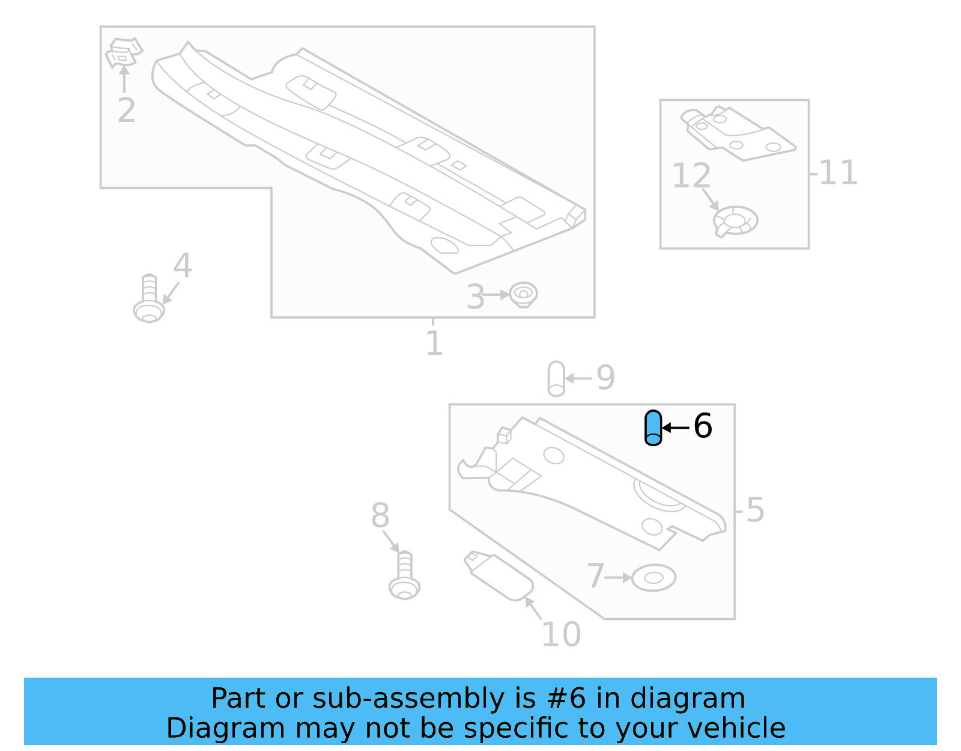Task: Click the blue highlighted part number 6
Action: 653,428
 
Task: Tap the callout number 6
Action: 702,426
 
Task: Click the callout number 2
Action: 126,110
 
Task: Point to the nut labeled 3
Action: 523,295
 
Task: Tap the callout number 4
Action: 183,265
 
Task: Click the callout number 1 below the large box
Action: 434,343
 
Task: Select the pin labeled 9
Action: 556,378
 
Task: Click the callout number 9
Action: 605,378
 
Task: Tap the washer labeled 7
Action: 653,578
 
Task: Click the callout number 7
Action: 595,576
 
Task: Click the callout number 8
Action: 380,516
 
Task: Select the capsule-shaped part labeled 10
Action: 500,576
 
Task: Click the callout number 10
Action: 561,634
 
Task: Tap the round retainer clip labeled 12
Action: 736,221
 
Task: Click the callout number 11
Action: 838,173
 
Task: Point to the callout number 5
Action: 755,510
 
